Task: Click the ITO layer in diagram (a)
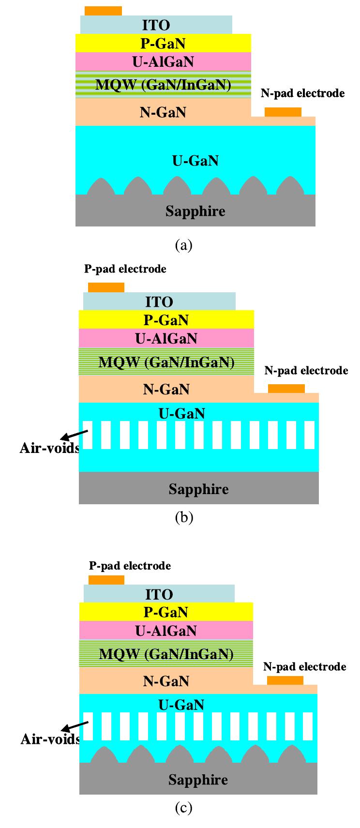tap(156, 25)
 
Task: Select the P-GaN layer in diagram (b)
tap(166, 320)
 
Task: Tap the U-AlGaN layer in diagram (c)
tap(165, 631)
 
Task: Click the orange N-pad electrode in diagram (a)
tap(283, 112)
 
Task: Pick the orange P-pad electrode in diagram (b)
tap(106, 287)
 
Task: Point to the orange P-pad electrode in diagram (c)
tap(106, 580)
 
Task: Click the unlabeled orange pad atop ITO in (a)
tap(103, 11)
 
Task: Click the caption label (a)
tap(183, 245)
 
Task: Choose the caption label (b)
tap(183, 517)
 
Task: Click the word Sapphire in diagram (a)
tap(195, 211)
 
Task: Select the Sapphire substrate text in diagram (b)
tap(198, 489)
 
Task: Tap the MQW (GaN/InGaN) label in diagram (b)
tap(166, 362)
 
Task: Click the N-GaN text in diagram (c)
tap(165, 681)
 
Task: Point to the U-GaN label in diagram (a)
tap(195, 161)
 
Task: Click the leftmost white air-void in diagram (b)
tap(87, 435)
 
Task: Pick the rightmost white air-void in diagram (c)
tap(308, 726)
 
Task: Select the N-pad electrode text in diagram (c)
tap(304, 666)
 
